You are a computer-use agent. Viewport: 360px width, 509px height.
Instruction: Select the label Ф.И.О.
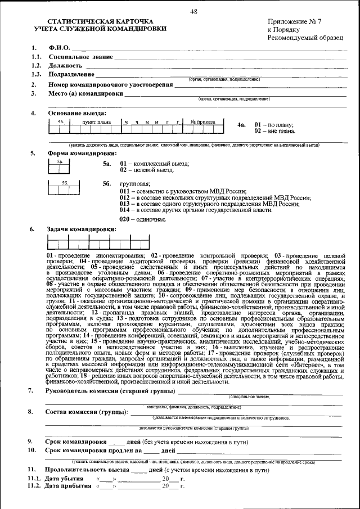point(59,48)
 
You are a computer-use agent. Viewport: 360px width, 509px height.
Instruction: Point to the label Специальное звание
point(80,57)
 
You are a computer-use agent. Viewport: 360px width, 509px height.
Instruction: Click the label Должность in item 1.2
point(66,66)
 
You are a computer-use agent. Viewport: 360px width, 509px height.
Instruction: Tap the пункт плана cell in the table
point(96,121)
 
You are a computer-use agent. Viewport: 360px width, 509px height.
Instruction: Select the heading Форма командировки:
point(82,153)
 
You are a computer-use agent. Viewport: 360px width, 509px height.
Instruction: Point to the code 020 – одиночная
point(143,219)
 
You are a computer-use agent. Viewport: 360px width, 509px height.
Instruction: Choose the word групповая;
point(135,184)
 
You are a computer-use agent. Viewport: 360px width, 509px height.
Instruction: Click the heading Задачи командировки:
point(82,229)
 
